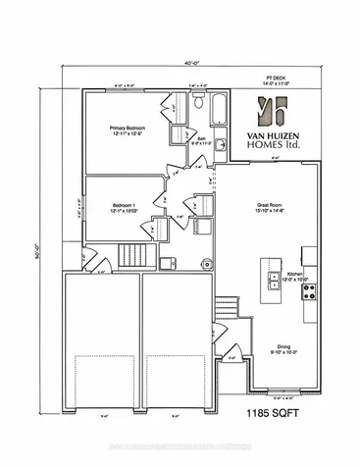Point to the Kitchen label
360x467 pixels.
point(297,278)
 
